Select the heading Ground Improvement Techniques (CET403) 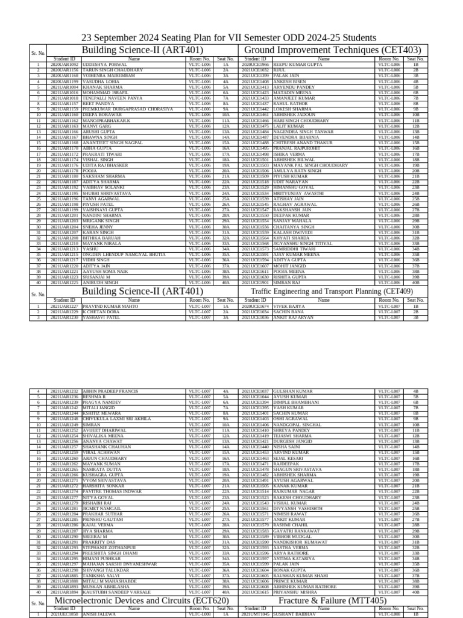332,49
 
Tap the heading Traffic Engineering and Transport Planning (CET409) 332,291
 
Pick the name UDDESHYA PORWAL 105,64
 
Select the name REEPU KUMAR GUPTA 298,64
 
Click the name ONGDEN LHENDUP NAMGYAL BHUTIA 124,255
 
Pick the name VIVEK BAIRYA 289,307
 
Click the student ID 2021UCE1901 255,282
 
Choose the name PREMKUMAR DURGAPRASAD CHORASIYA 123,109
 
